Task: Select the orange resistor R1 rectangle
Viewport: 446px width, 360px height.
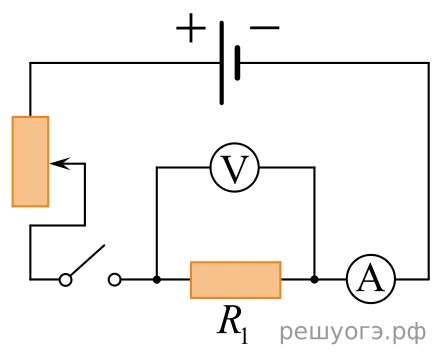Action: point(236,280)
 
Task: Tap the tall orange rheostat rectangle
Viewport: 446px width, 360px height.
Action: point(30,162)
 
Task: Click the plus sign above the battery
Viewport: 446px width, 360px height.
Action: point(191,28)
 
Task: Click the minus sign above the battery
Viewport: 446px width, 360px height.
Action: point(265,28)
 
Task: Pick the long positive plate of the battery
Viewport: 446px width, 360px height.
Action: point(222,63)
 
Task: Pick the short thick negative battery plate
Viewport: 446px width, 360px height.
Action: point(237,63)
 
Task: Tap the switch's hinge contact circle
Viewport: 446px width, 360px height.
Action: point(66,280)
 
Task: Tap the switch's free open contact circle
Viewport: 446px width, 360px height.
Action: point(115,280)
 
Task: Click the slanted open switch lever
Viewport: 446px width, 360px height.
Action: point(87,260)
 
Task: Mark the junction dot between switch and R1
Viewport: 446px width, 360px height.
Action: point(157,280)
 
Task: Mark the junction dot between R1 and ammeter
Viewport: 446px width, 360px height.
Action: point(314,280)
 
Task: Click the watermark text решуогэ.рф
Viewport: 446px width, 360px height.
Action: point(352,333)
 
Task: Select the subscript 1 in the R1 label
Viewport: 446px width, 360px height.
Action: point(244,336)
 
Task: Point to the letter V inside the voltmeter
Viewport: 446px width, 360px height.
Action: point(235,169)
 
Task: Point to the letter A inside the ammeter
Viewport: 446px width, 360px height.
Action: point(370,279)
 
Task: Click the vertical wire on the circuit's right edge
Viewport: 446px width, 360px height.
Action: point(429,171)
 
